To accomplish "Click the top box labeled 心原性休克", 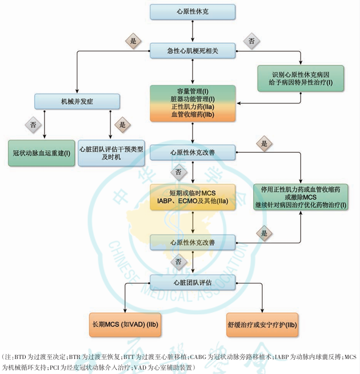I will (192, 11).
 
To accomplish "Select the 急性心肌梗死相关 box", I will (192, 51).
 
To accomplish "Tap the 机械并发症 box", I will (77, 101).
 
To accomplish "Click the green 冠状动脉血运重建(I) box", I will (42, 153).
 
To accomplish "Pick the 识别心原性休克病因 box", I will (300, 78).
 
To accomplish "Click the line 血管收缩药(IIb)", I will (192, 114).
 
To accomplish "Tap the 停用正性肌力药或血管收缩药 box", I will (301, 197).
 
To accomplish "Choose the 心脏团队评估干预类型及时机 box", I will (111, 153).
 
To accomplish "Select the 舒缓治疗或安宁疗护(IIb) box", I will (262, 324).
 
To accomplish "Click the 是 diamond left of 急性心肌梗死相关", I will (133, 40).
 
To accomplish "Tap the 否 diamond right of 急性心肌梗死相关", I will (251, 41).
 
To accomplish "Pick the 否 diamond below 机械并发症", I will (33, 124).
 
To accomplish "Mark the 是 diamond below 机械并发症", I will (122, 124).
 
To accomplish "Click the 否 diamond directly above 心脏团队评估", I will (178, 262).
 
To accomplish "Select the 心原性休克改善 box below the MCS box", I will (192, 242).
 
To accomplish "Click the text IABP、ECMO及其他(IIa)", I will (192, 201).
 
